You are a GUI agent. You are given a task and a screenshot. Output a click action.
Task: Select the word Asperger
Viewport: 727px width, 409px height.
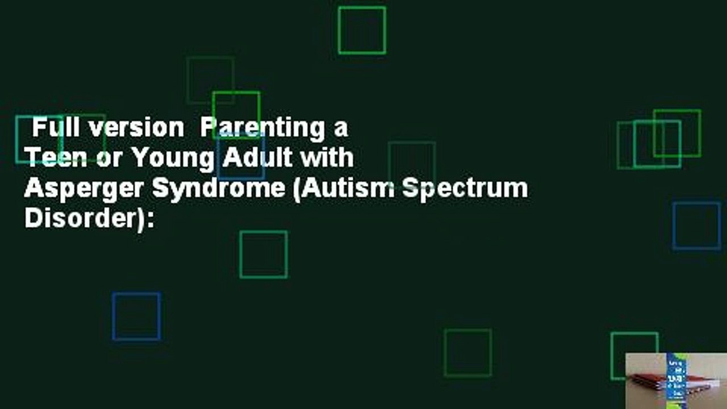84,189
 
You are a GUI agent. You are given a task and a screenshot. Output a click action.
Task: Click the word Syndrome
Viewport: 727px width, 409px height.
219,189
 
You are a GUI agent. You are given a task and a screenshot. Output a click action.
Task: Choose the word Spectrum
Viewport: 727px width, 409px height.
465,189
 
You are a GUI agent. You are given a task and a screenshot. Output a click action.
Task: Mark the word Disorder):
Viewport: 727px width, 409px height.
89,218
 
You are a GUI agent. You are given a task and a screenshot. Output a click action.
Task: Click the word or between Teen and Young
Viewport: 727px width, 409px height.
106,158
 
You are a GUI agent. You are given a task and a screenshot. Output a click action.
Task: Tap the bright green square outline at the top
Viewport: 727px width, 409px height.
362,31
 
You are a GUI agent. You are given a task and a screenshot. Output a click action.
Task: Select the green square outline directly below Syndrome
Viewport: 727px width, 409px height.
264,254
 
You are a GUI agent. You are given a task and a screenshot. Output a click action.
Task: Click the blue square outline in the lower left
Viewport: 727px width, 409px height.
136,316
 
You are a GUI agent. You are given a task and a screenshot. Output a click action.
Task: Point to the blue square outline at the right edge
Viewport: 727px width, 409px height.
696,226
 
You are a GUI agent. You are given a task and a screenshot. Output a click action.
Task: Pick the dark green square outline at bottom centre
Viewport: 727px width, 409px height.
467,353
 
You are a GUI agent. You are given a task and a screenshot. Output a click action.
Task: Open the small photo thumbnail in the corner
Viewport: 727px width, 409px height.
675,380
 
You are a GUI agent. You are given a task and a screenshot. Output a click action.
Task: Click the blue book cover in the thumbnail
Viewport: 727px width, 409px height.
676,375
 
